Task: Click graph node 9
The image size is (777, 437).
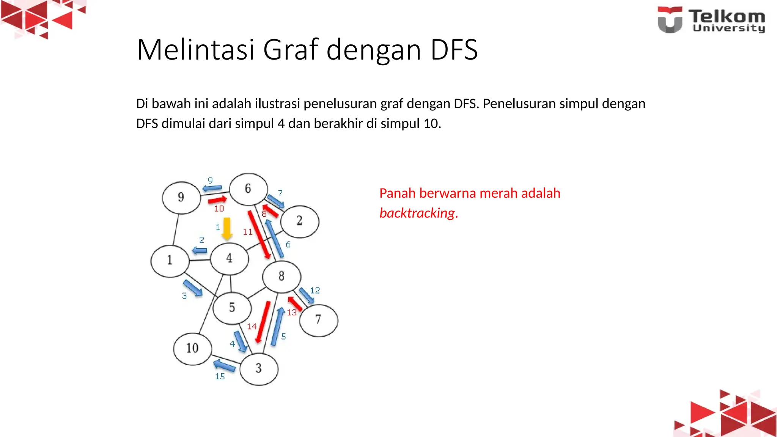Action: pos(181,198)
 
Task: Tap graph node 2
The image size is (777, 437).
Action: pos(300,221)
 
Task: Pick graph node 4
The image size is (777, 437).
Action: pos(230,259)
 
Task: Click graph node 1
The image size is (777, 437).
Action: pos(170,261)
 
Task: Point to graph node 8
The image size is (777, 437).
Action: pos(282,277)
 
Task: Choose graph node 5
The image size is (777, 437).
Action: pos(232,308)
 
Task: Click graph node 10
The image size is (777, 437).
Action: pos(192,349)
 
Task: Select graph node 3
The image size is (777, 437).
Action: pos(259,368)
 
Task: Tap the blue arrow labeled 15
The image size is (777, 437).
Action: pos(224,365)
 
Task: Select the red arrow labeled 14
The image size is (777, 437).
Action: pos(263,322)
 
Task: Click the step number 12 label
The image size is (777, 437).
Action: pos(315,291)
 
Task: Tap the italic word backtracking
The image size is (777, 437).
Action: pos(417,213)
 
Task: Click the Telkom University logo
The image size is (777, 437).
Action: pos(711,20)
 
